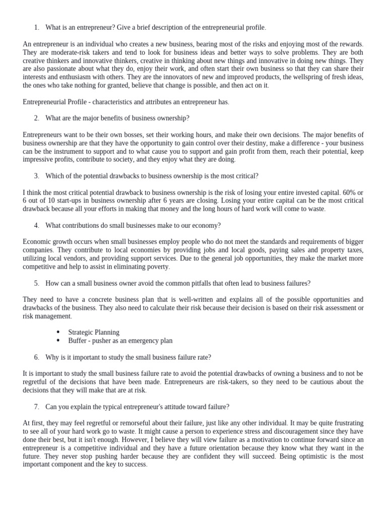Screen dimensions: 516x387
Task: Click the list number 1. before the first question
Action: (x=37, y=27)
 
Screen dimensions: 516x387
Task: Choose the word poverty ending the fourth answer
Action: (x=157, y=267)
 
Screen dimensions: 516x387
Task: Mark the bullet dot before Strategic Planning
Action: (x=58, y=332)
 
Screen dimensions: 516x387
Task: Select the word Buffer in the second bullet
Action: (x=78, y=341)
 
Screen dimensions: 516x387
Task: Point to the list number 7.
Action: (x=37, y=406)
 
